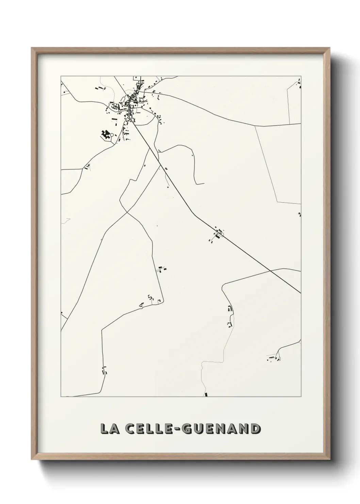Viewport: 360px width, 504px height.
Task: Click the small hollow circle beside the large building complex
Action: (x=112, y=135)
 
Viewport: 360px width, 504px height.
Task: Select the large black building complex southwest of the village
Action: (x=105, y=134)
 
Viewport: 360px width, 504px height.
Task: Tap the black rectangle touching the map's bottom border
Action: (x=206, y=395)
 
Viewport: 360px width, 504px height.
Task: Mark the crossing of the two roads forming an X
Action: (x=126, y=212)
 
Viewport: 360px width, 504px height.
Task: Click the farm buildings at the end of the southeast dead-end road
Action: (x=274, y=358)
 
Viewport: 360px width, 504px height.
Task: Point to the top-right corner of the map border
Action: (x=301, y=76)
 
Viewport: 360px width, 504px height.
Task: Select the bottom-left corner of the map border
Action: (x=61, y=397)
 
